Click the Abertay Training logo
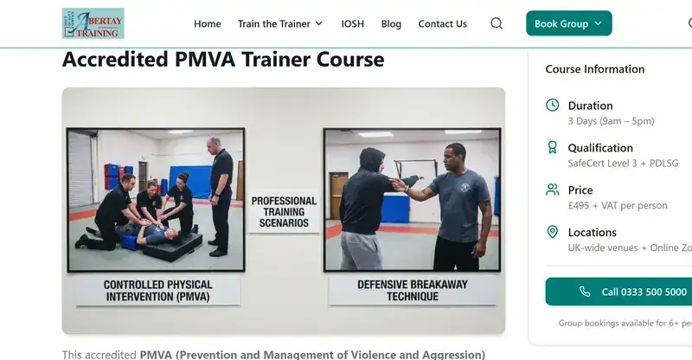coord(93,23)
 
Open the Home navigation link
coord(208,24)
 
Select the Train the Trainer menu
coord(279,24)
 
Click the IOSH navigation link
coord(352,24)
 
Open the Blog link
coord(391,24)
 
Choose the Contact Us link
coord(442,24)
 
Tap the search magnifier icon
coord(497,23)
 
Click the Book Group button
coord(568,24)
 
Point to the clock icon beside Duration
coord(553,106)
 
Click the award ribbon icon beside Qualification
coord(553,147)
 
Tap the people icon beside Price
coord(553,190)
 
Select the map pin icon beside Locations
coord(553,232)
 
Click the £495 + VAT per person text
coord(618,205)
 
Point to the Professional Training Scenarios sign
coord(285,211)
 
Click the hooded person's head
coord(372,162)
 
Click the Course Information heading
coord(594,69)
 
